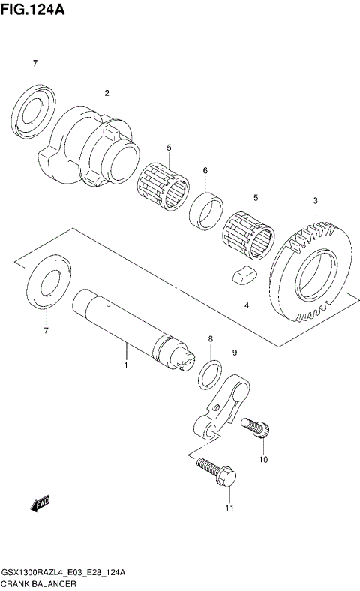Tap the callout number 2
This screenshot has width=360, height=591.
pyautogui.click(x=106, y=94)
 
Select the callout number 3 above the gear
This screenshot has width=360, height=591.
pyautogui.click(x=316, y=200)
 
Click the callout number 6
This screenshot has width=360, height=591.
pyautogui.click(x=205, y=171)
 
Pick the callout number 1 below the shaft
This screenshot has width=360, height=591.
pyautogui.click(x=126, y=365)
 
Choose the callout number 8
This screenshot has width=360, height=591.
pyautogui.click(x=211, y=340)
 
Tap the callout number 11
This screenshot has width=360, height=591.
pyautogui.click(x=229, y=509)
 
